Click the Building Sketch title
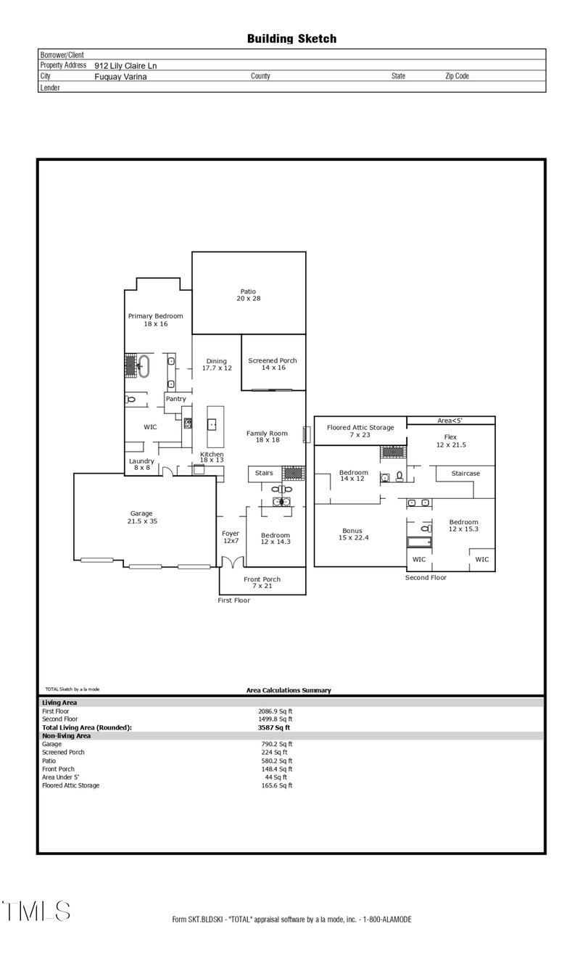click(291, 38)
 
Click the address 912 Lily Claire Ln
click(125, 65)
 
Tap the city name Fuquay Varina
click(120, 76)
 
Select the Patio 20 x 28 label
click(248, 295)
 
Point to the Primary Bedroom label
click(155, 320)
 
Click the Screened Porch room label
click(272, 364)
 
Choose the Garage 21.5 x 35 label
click(141, 517)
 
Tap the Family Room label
click(267, 437)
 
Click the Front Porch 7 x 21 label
click(262, 582)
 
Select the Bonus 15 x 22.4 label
click(353, 534)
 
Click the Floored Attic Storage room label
click(360, 431)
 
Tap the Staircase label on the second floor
click(465, 474)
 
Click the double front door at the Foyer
click(232, 563)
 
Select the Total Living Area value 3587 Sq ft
click(273, 727)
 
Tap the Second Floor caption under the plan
click(426, 578)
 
